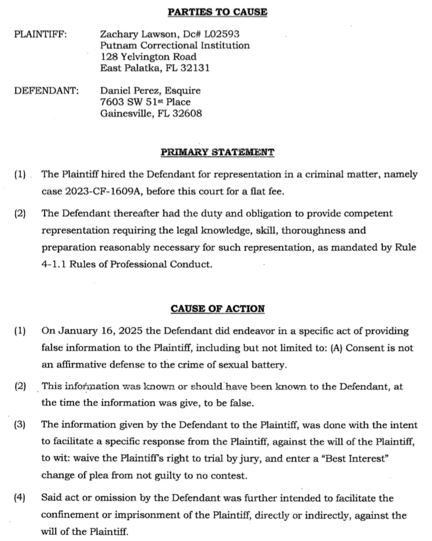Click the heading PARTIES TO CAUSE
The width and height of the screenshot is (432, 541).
217,12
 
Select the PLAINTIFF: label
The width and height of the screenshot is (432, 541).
40,34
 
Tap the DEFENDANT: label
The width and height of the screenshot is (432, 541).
46,91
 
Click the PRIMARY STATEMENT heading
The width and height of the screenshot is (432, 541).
217,153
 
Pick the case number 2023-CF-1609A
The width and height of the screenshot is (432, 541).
102,191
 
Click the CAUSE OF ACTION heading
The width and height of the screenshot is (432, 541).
217,309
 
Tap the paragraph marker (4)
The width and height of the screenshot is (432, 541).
20,498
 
